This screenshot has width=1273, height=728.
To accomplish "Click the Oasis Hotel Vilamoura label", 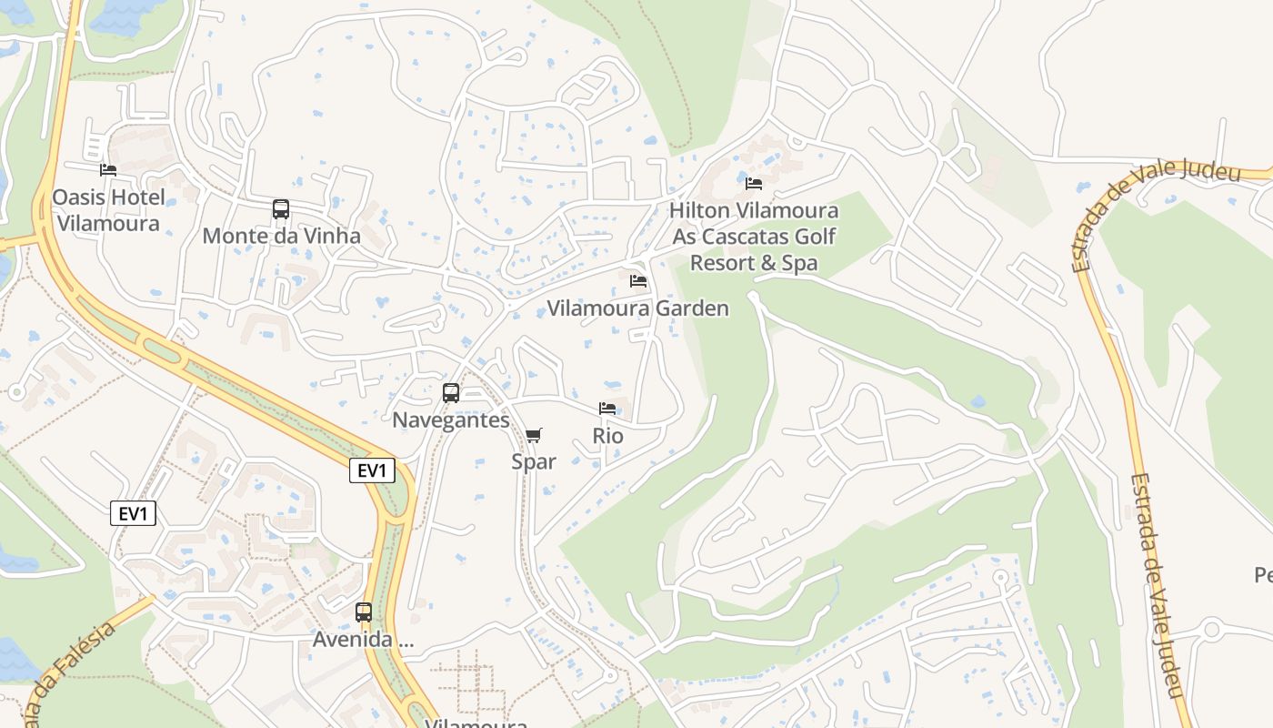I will coord(108,210).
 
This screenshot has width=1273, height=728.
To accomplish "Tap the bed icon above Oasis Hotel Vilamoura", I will coord(108,170).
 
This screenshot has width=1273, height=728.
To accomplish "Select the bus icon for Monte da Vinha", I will coord(281,209).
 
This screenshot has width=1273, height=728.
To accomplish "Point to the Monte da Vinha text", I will coord(281,237).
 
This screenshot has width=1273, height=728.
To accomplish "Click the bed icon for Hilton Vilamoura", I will coord(754,183).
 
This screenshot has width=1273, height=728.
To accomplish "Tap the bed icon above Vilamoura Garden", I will coord(638,281).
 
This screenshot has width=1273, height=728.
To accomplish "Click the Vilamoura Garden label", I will coord(637,308).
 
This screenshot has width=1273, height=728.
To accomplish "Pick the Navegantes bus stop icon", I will coord(450,393).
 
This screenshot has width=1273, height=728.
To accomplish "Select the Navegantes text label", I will coord(450,420).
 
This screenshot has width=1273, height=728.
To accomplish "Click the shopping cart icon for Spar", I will coord(534,435).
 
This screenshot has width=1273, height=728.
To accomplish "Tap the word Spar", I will coord(534,462).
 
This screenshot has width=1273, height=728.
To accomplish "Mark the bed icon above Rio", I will coord(607,409).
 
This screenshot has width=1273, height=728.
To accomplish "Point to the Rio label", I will coord(607,436).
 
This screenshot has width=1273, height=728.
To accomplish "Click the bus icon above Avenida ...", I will coord(364,612).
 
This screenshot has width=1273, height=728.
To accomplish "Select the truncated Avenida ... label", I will coord(364,640).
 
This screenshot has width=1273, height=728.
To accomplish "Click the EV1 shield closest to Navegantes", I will coord(374,470).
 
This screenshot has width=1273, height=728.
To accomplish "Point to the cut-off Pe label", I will coord(1263,575).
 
